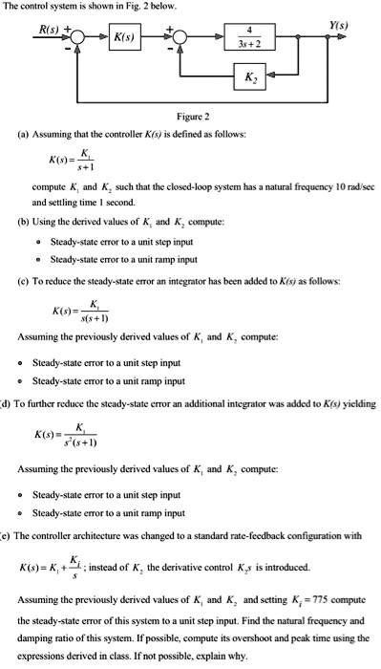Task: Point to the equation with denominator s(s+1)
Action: (73, 312)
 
